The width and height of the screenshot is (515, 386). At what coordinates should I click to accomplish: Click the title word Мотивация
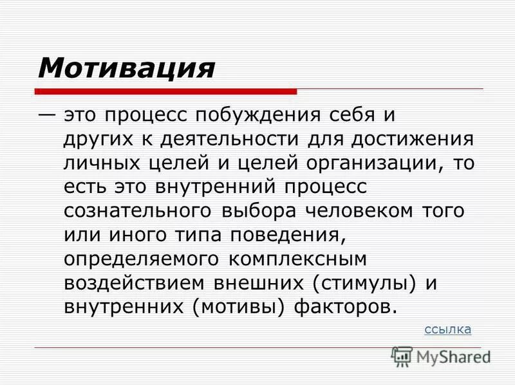click(126, 67)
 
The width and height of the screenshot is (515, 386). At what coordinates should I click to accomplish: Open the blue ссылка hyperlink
click(448, 330)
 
